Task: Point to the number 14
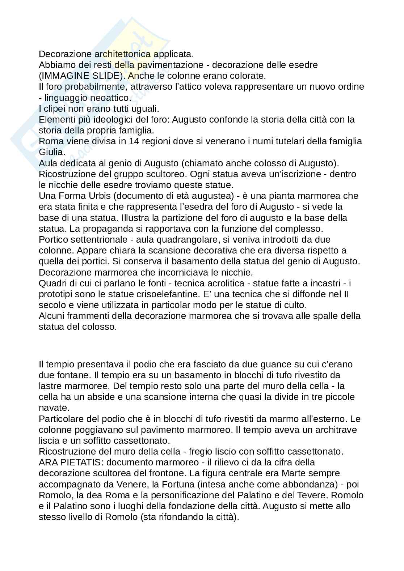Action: pos(134,141)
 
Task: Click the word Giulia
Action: pos(50,152)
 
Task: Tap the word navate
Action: pos(54,408)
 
